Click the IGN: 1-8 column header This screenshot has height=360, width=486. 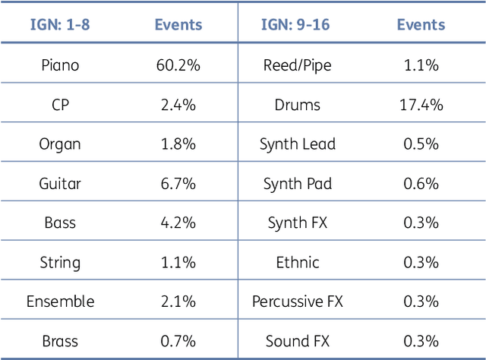coord(60,24)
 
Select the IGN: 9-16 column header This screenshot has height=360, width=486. coord(297,24)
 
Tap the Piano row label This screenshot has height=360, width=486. coord(60,65)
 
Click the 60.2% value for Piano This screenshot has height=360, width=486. coord(178,65)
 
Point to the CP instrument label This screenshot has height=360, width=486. coord(60,105)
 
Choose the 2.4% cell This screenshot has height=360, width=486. coord(178,105)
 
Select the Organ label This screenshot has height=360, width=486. coord(60,144)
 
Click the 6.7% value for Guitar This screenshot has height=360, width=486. coord(178,184)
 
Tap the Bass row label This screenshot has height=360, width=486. coord(60,223)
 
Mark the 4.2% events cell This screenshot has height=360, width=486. coord(178,223)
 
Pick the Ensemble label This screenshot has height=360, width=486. coord(60,302)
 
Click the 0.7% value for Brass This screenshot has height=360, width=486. coord(178,341)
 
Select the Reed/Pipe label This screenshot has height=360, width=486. coord(297,65)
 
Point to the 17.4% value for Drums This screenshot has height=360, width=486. coord(421,105)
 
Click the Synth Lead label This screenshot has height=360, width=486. coord(297,144)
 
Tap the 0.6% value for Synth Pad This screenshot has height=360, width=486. coord(421,184)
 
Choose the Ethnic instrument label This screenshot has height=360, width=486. coord(297,263)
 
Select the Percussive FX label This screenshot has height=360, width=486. coord(297,302)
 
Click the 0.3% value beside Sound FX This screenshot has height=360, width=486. coord(421,341)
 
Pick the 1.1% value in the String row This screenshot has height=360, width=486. coord(178,263)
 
